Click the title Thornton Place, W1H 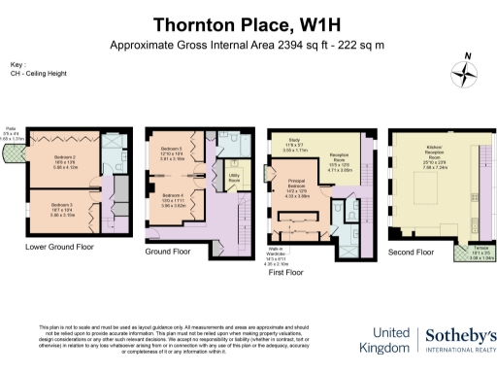[x=247, y=23]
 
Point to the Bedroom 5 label [x=172, y=152]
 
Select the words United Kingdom [x=385, y=339]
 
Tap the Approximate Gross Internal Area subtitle [x=247, y=46]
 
